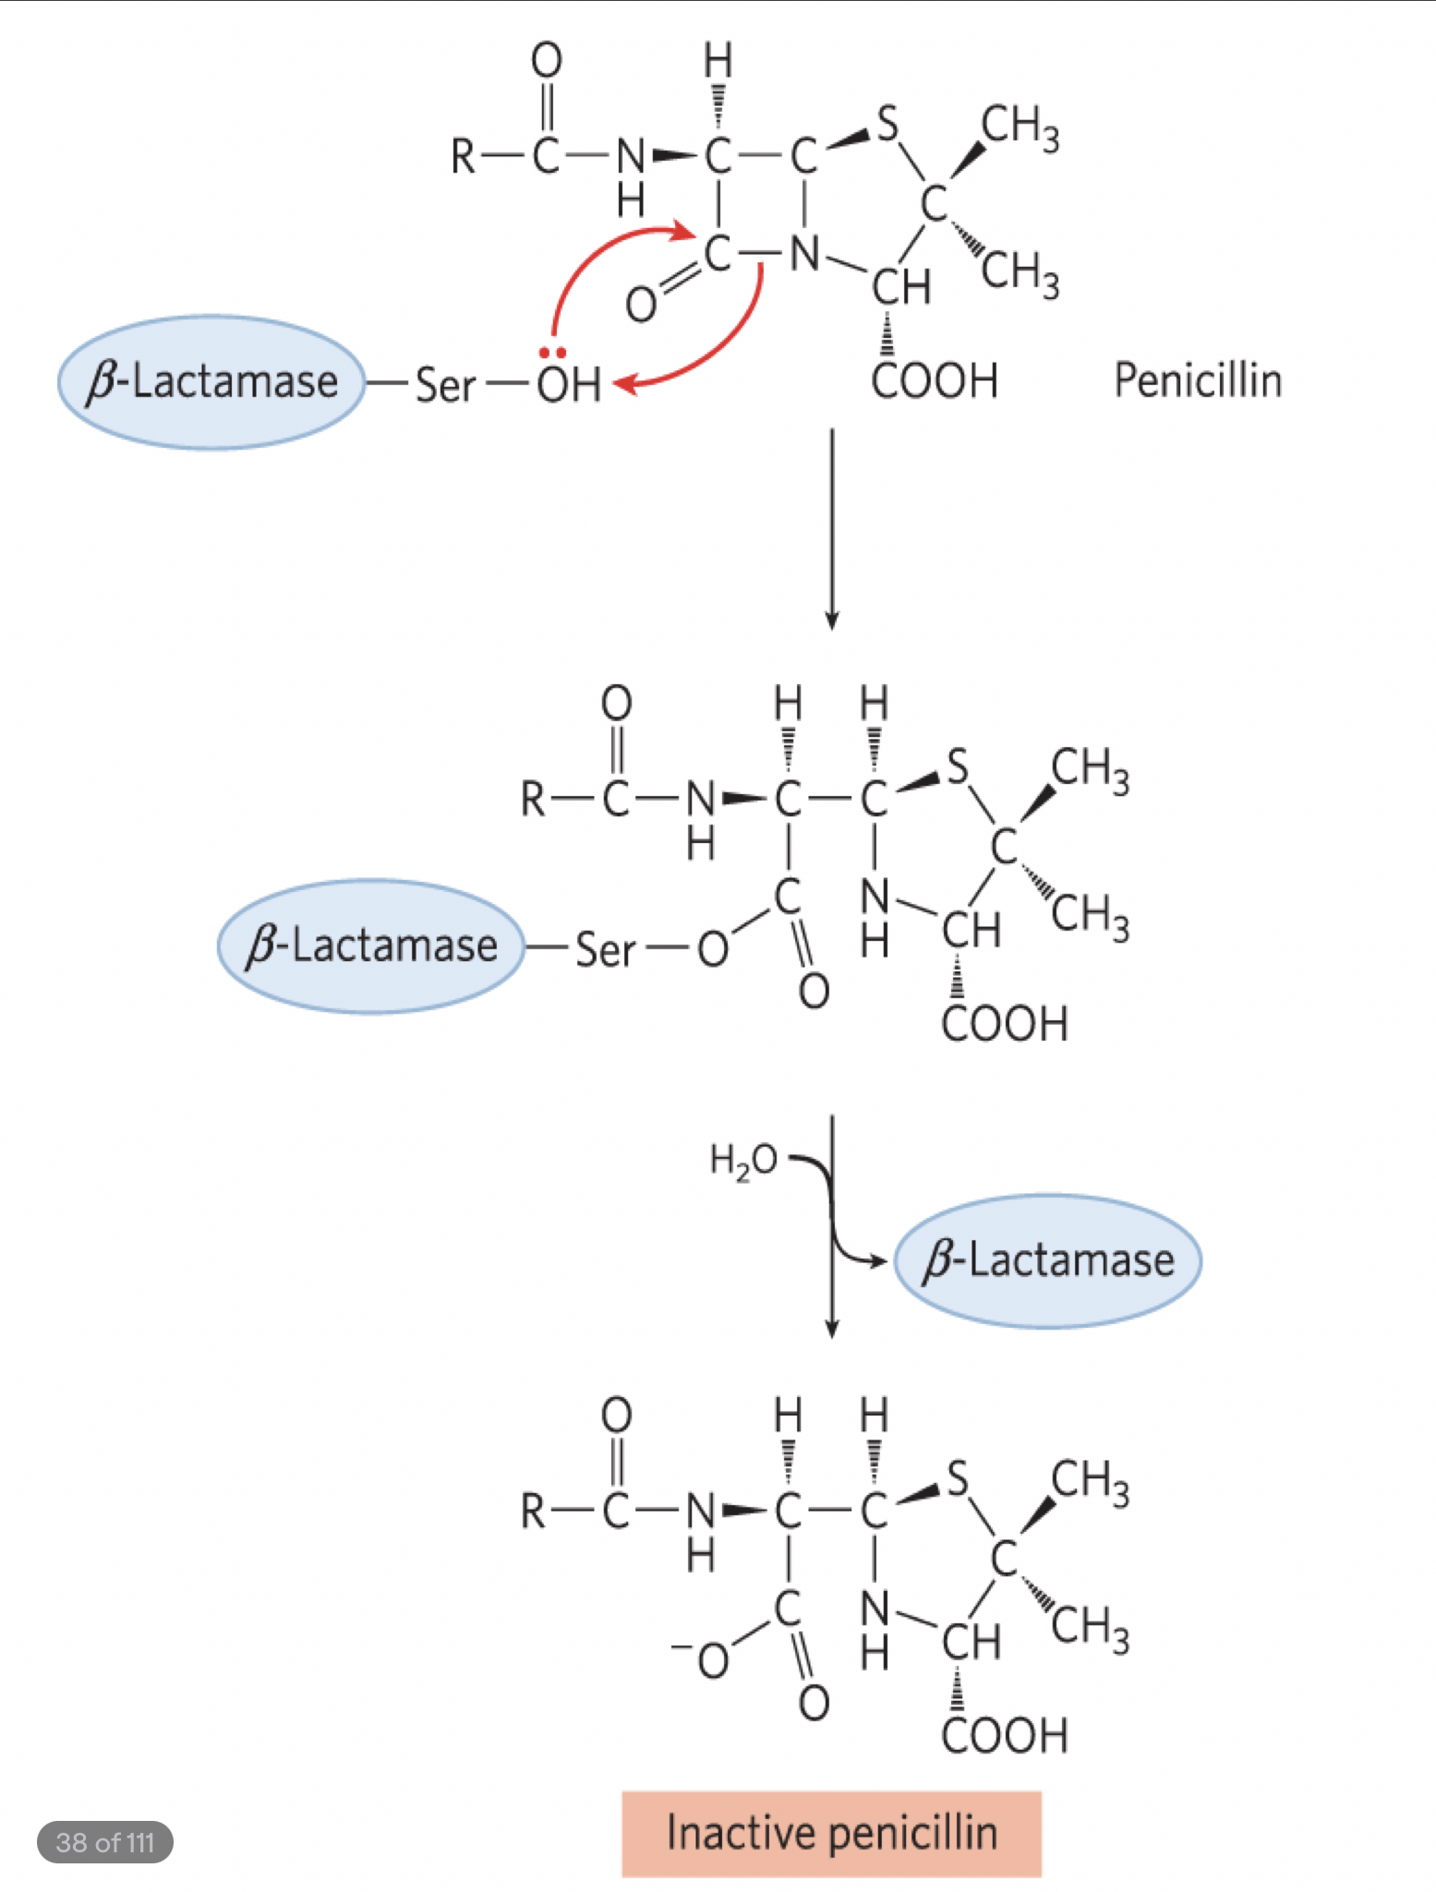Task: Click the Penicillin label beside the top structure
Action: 1198,380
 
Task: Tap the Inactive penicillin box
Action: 831,1833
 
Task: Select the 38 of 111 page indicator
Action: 104,1842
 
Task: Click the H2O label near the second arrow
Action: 743,1160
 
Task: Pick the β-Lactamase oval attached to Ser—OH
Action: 211,382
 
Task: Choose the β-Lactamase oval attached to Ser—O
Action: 371,946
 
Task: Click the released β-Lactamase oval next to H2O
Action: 1048,1260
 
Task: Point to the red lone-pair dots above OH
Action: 552,353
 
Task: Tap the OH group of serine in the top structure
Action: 569,384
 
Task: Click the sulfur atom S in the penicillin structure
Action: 887,123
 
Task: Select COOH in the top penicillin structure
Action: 935,380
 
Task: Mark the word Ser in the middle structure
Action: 606,949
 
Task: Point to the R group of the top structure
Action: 463,156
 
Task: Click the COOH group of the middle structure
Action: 1005,1024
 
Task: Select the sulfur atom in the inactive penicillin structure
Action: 958,1478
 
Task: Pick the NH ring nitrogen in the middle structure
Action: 875,914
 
